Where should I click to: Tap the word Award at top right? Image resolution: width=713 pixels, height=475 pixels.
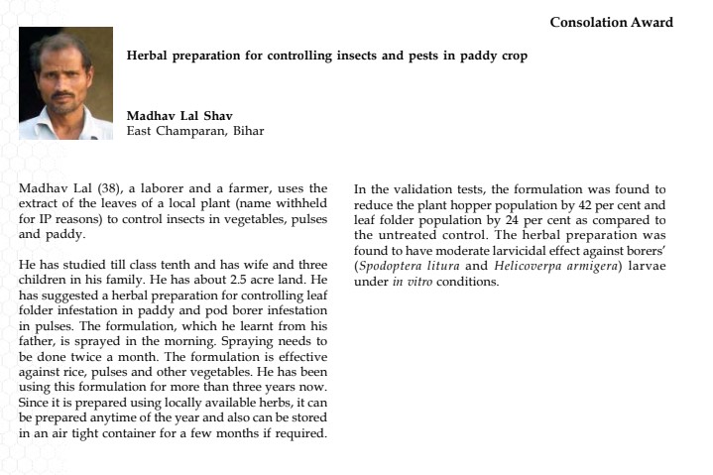click(653, 23)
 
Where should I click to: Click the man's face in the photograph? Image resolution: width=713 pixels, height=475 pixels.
click(64, 84)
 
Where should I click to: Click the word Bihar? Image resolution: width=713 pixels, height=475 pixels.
click(247, 131)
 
